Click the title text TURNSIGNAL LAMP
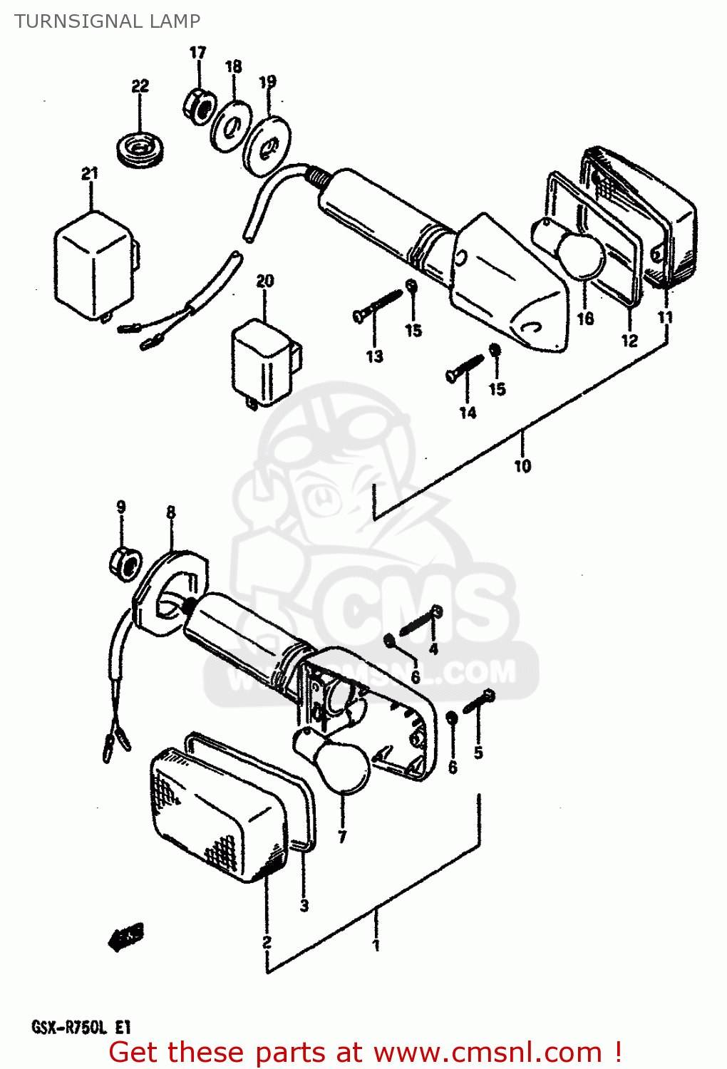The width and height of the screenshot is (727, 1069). click(107, 21)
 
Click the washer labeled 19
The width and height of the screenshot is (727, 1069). click(267, 146)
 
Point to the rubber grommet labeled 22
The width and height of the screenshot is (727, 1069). click(141, 150)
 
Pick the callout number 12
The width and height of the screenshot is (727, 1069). click(629, 341)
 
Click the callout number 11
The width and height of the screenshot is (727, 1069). click(665, 317)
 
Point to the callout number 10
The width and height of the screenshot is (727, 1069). click(522, 466)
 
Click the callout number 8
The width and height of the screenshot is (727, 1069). click(170, 512)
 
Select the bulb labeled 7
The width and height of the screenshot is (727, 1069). click(341, 766)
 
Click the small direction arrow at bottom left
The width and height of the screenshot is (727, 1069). click(126, 937)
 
